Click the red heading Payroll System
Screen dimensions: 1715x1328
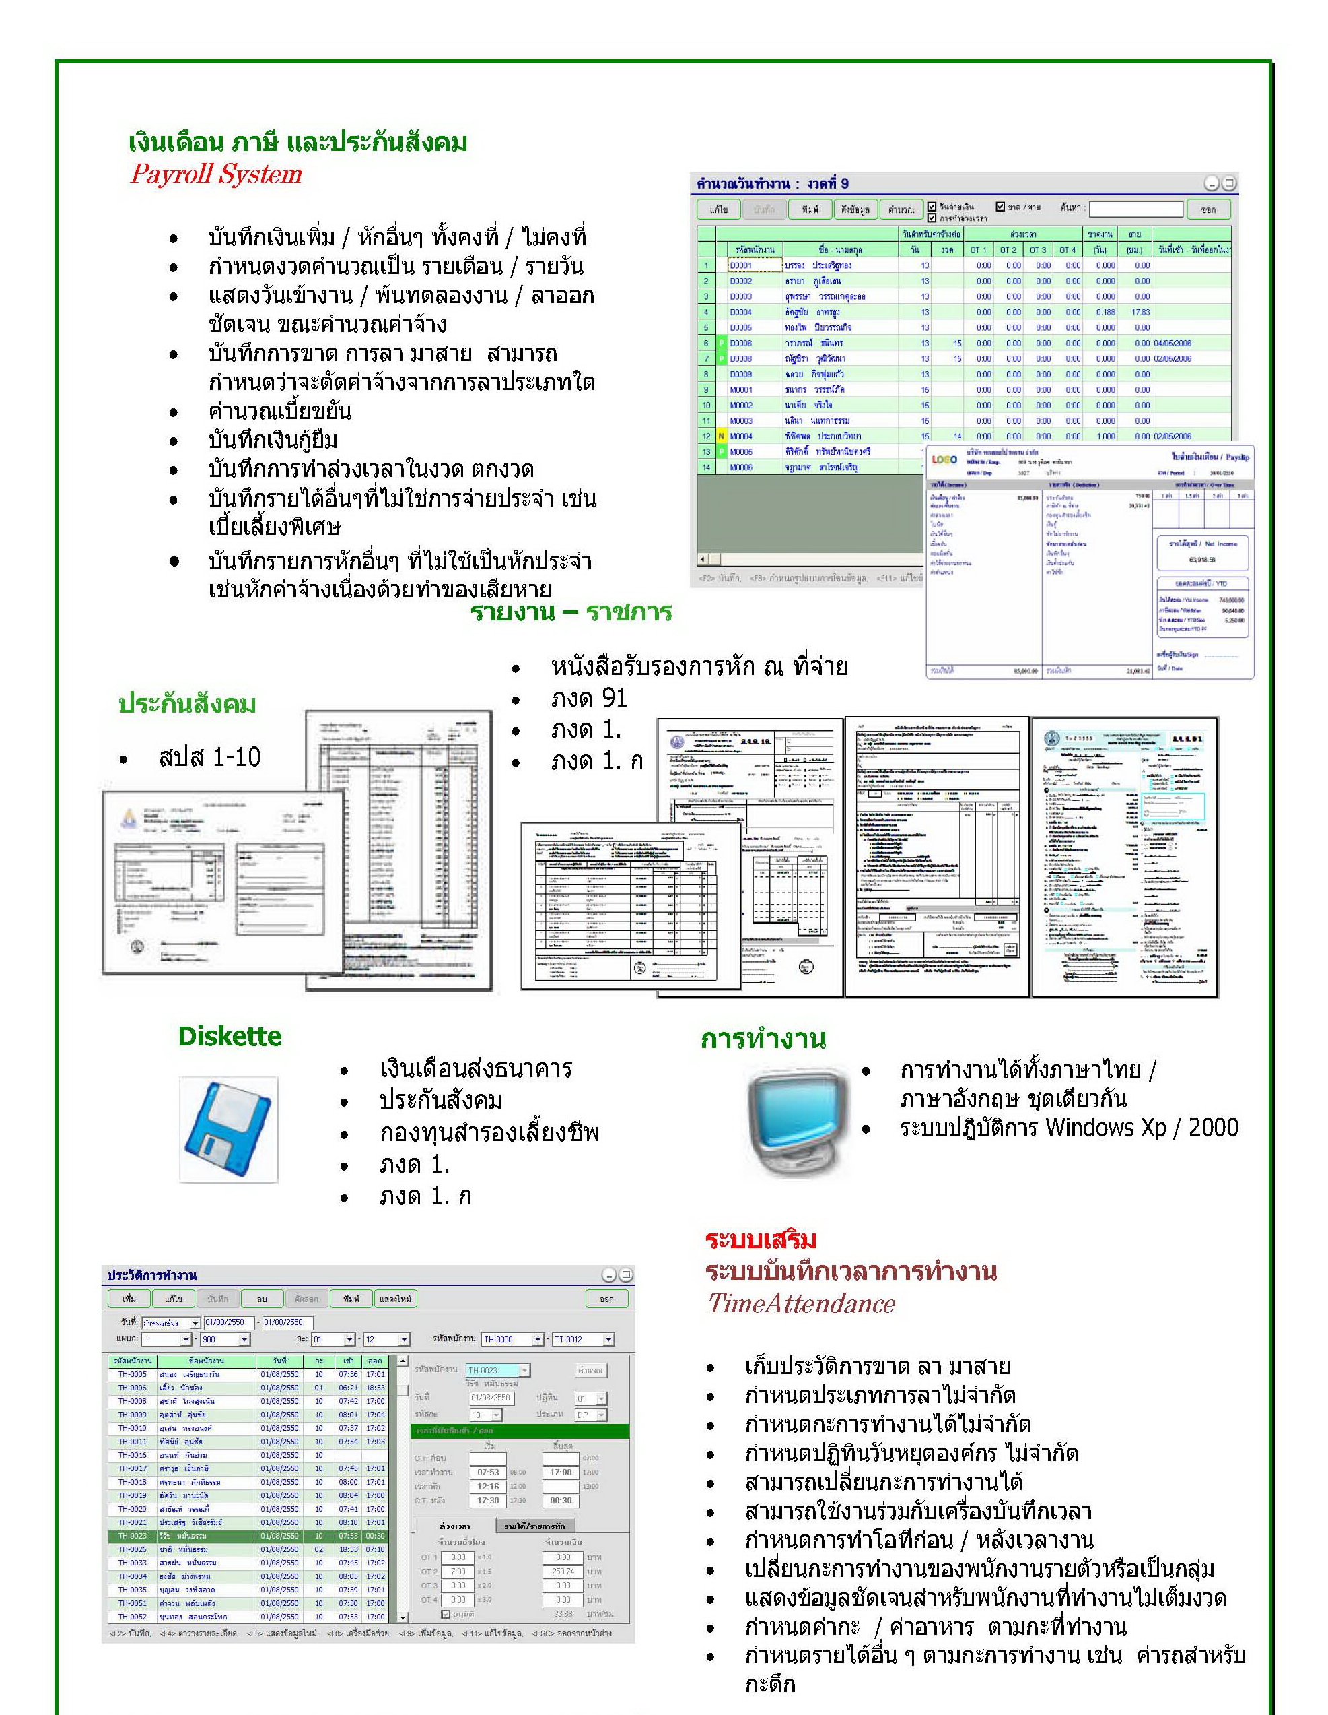point(216,174)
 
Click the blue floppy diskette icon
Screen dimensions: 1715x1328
point(228,1129)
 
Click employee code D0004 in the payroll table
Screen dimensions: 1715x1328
point(740,312)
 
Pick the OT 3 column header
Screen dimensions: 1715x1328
point(1038,250)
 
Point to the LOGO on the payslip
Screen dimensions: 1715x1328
point(944,459)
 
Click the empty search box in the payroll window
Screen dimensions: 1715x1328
point(1135,209)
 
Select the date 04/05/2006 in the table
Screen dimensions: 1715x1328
point(1172,343)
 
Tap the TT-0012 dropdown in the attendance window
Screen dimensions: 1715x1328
point(582,1340)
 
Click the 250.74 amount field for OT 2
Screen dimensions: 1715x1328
point(563,1572)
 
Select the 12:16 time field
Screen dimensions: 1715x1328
point(488,1487)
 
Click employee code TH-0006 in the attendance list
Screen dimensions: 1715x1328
point(133,1388)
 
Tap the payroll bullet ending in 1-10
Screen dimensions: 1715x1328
point(209,757)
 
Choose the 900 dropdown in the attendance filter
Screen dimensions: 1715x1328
point(224,1340)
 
